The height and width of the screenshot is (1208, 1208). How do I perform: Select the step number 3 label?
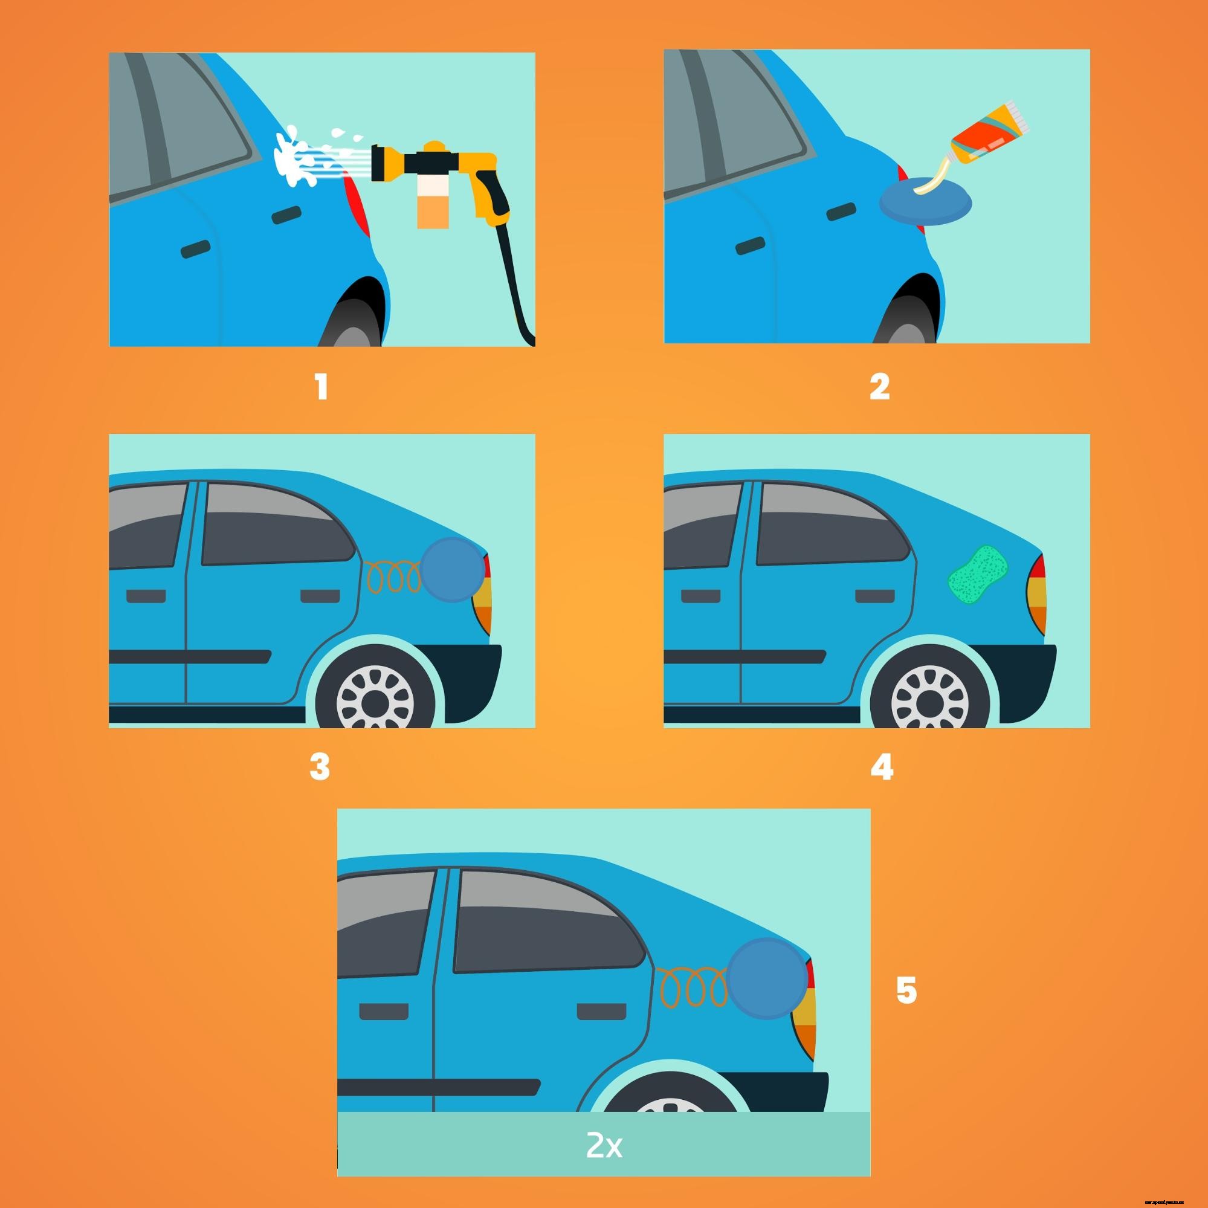tap(320, 767)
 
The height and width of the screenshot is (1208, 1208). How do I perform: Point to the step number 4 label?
tap(882, 767)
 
